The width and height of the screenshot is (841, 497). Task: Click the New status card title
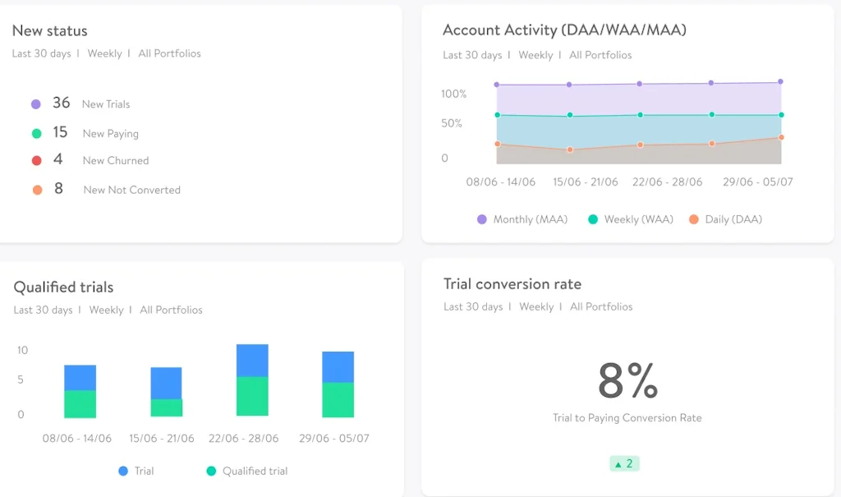[49, 31]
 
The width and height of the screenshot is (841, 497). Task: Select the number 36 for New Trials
[62, 103]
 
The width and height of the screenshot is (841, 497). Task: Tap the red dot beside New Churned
[36, 160]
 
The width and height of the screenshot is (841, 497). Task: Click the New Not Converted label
[131, 190]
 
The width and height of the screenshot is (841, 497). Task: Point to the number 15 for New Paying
[60, 132]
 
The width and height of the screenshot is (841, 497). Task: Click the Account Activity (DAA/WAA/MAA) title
[564, 30]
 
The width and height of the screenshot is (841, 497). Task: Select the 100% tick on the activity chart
[453, 94]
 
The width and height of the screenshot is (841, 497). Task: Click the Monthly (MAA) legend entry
[522, 219]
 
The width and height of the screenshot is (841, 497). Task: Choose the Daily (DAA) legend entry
[725, 219]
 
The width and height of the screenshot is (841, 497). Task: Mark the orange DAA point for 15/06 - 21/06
[569, 150]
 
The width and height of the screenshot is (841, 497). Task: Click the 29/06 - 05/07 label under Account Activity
[757, 182]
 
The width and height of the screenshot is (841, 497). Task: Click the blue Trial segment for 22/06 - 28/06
[252, 361]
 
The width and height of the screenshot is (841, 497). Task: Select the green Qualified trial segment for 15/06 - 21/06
[166, 407]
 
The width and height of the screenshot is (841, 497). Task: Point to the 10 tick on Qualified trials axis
[22, 350]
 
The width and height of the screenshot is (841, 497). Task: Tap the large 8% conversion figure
[627, 380]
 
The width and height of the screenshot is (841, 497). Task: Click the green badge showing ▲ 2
[624, 463]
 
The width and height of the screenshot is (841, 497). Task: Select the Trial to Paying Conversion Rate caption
[627, 418]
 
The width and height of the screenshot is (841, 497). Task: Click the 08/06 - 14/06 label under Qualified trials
[77, 439]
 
